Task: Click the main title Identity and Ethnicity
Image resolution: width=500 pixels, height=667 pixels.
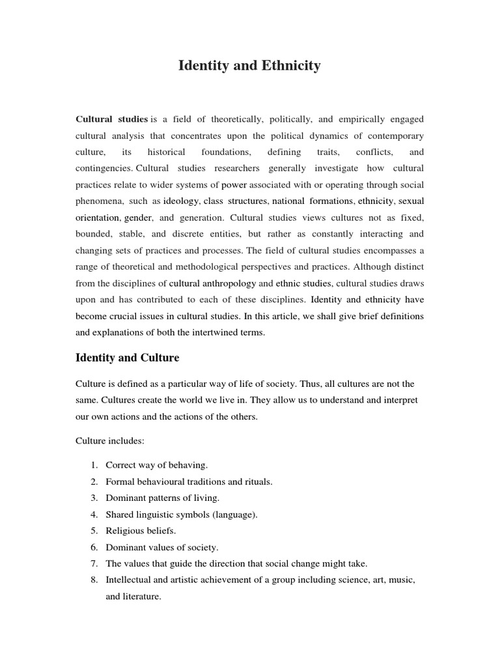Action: coord(249,66)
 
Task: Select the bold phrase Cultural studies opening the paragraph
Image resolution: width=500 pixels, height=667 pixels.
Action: coord(111,119)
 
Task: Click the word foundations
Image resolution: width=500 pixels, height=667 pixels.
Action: coord(226,152)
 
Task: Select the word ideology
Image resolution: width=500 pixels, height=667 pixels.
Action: coord(182,201)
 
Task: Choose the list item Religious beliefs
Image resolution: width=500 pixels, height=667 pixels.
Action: coord(141,531)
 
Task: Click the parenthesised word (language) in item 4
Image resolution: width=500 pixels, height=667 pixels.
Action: coord(234,515)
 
